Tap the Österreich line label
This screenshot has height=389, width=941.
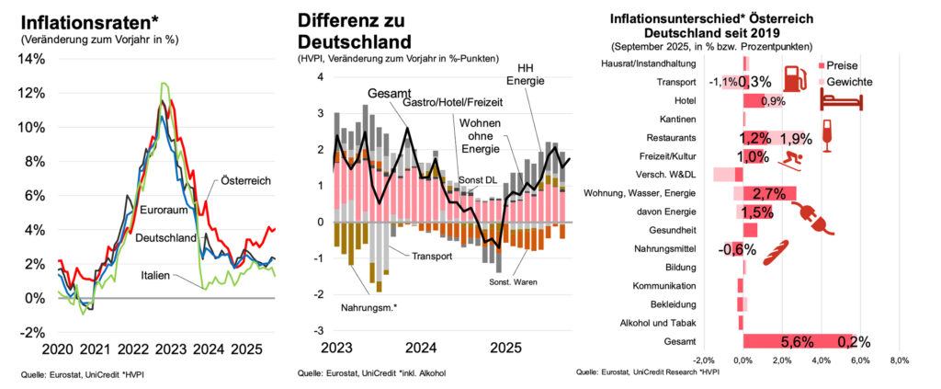[x=245, y=181]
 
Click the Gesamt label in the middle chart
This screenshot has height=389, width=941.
[x=390, y=94]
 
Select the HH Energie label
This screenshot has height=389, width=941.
[x=526, y=74]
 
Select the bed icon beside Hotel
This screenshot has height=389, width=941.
[x=842, y=99]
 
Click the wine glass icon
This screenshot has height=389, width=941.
[x=826, y=135]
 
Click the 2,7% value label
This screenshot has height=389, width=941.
[x=769, y=193]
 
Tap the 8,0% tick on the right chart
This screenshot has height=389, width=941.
[x=899, y=360]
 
